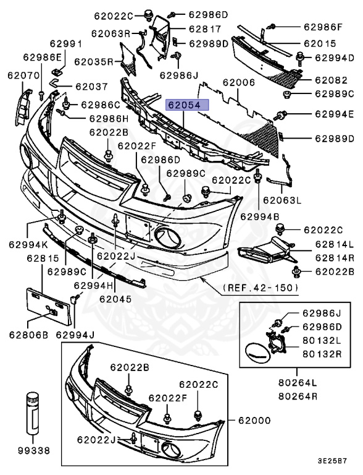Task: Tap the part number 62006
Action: tap(238, 82)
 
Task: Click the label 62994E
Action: tap(334, 114)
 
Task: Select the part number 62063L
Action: tap(282, 200)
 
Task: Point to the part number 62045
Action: tap(115, 297)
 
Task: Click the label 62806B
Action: tap(28, 336)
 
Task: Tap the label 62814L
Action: tap(333, 244)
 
